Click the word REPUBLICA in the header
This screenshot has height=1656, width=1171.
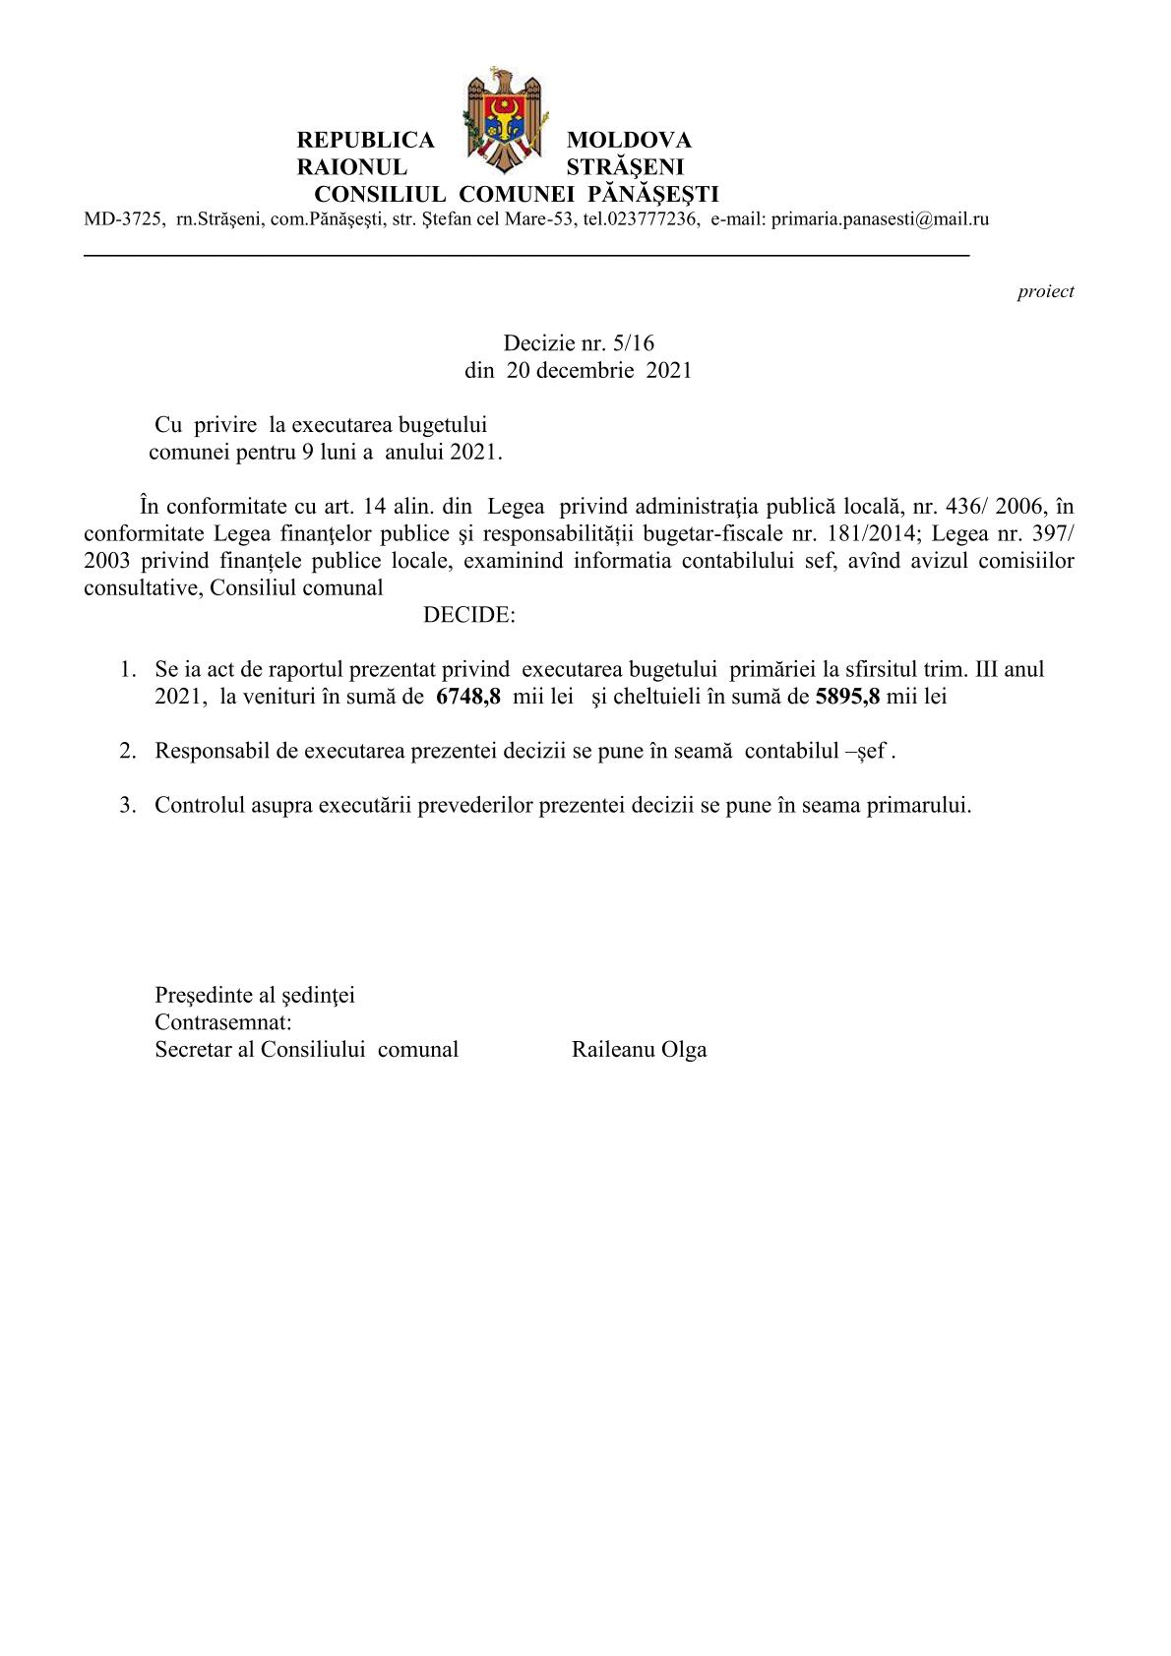(365, 141)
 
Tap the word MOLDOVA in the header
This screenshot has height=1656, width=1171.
(629, 141)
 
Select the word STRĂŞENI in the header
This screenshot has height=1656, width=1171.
(625, 167)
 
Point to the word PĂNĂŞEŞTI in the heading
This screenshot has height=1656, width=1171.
(652, 194)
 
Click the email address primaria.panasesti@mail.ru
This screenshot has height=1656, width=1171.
(880, 219)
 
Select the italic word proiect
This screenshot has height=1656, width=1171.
(1045, 291)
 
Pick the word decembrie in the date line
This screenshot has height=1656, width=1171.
(587, 371)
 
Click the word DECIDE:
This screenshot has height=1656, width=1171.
(468, 616)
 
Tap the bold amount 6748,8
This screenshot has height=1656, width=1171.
(468, 697)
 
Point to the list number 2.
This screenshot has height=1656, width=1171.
(127, 751)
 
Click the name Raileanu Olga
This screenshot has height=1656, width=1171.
(639, 1050)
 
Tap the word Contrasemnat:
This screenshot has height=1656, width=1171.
(223, 1022)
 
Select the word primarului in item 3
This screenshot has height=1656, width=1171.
(922, 805)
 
